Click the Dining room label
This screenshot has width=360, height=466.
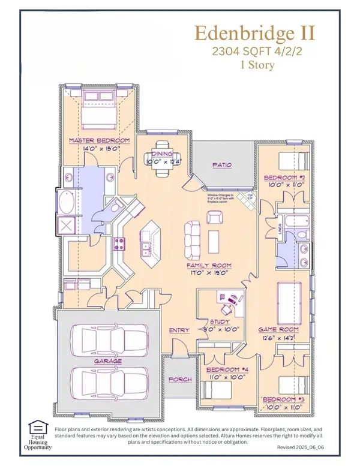[161, 154]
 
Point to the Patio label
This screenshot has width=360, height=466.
[222, 165]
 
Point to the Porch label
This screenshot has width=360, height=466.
[179, 379]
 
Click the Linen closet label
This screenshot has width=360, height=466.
[281, 230]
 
